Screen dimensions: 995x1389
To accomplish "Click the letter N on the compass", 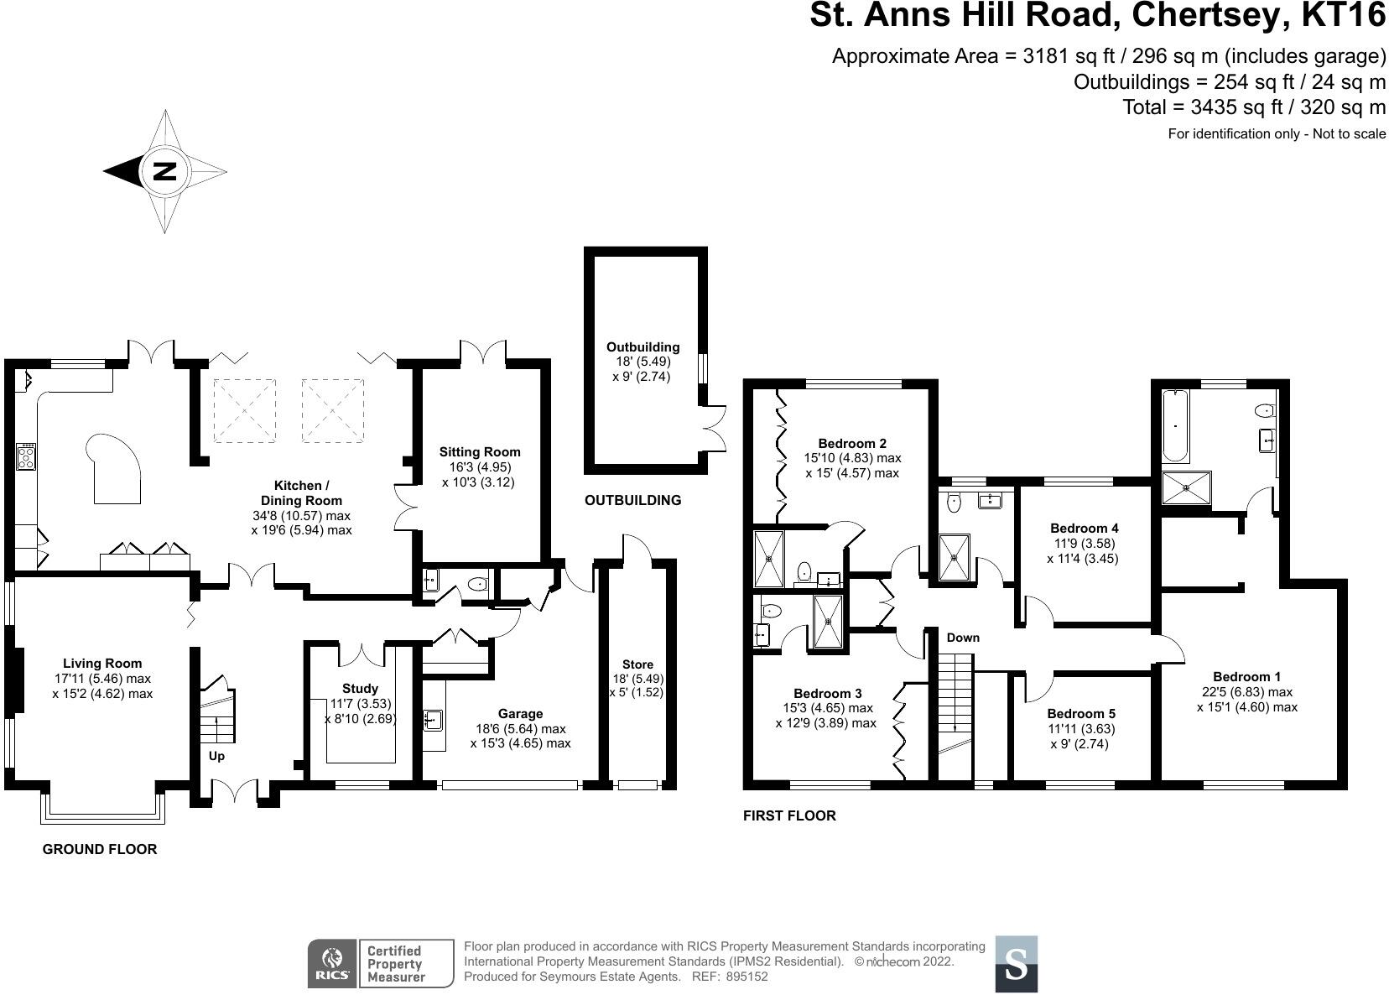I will (x=164, y=171).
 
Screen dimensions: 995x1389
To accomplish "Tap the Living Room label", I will (x=102, y=663).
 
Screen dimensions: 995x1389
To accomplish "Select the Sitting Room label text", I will (x=480, y=452).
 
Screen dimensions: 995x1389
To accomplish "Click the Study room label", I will (x=360, y=688).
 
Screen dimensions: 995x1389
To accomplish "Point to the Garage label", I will (x=520, y=714).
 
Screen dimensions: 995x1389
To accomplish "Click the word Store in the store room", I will (x=637, y=664).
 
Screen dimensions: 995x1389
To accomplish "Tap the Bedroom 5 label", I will (x=1081, y=713).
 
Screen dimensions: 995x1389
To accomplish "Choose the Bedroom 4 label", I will (x=1084, y=529).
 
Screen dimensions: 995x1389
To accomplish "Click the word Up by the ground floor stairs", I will (x=216, y=756).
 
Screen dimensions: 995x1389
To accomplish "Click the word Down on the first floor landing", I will (x=963, y=638).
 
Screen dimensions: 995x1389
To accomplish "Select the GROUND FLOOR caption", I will (x=100, y=849).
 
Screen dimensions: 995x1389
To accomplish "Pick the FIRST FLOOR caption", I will (x=789, y=815).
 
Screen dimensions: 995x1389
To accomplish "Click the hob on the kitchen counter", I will (x=26, y=456).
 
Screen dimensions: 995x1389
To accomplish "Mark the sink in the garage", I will (x=433, y=719).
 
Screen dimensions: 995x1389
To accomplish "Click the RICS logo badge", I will (x=332, y=964).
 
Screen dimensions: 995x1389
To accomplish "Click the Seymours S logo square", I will (x=1016, y=964).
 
